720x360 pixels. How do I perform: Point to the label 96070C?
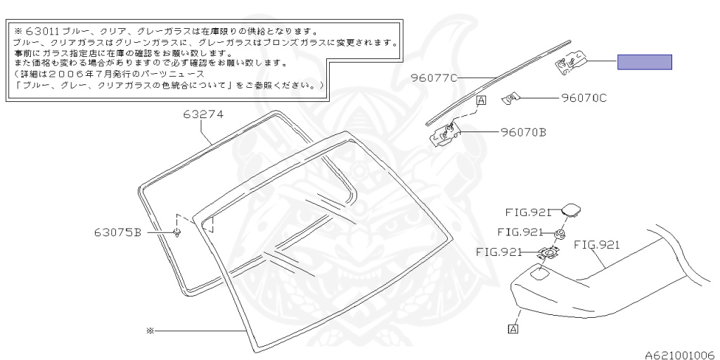coord(584,98)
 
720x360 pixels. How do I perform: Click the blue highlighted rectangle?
coord(645,63)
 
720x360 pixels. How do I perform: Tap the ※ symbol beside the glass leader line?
coord(150,330)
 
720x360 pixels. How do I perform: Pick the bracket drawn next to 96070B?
coord(445,133)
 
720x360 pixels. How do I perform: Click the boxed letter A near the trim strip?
coord(482,101)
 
